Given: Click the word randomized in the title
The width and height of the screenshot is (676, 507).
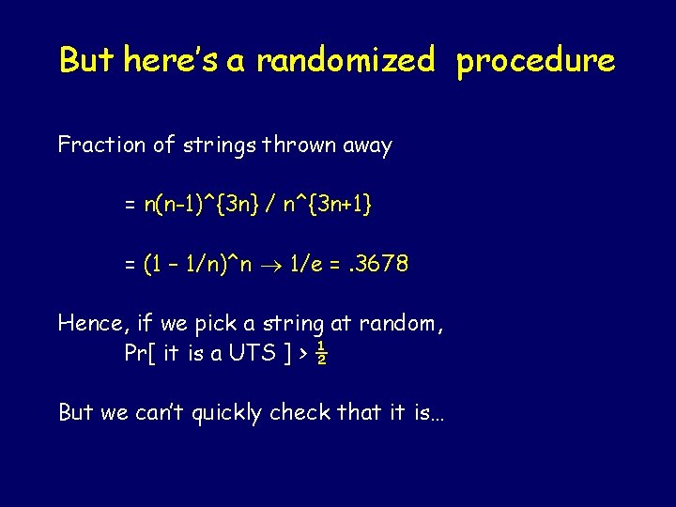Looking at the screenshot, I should [x=346, y=61].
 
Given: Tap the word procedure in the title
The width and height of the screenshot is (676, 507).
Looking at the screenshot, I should [x=536, y=61].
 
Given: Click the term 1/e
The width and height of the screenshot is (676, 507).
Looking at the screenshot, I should [x=304, y=265].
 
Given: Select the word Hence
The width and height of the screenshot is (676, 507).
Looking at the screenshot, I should [x=92, y=325].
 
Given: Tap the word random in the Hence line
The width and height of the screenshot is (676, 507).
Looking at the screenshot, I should [x=399, y=325].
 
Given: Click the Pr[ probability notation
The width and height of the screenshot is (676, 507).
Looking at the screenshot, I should [x=140, y=353].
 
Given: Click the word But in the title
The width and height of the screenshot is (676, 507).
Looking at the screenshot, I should [x=87, y=61].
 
